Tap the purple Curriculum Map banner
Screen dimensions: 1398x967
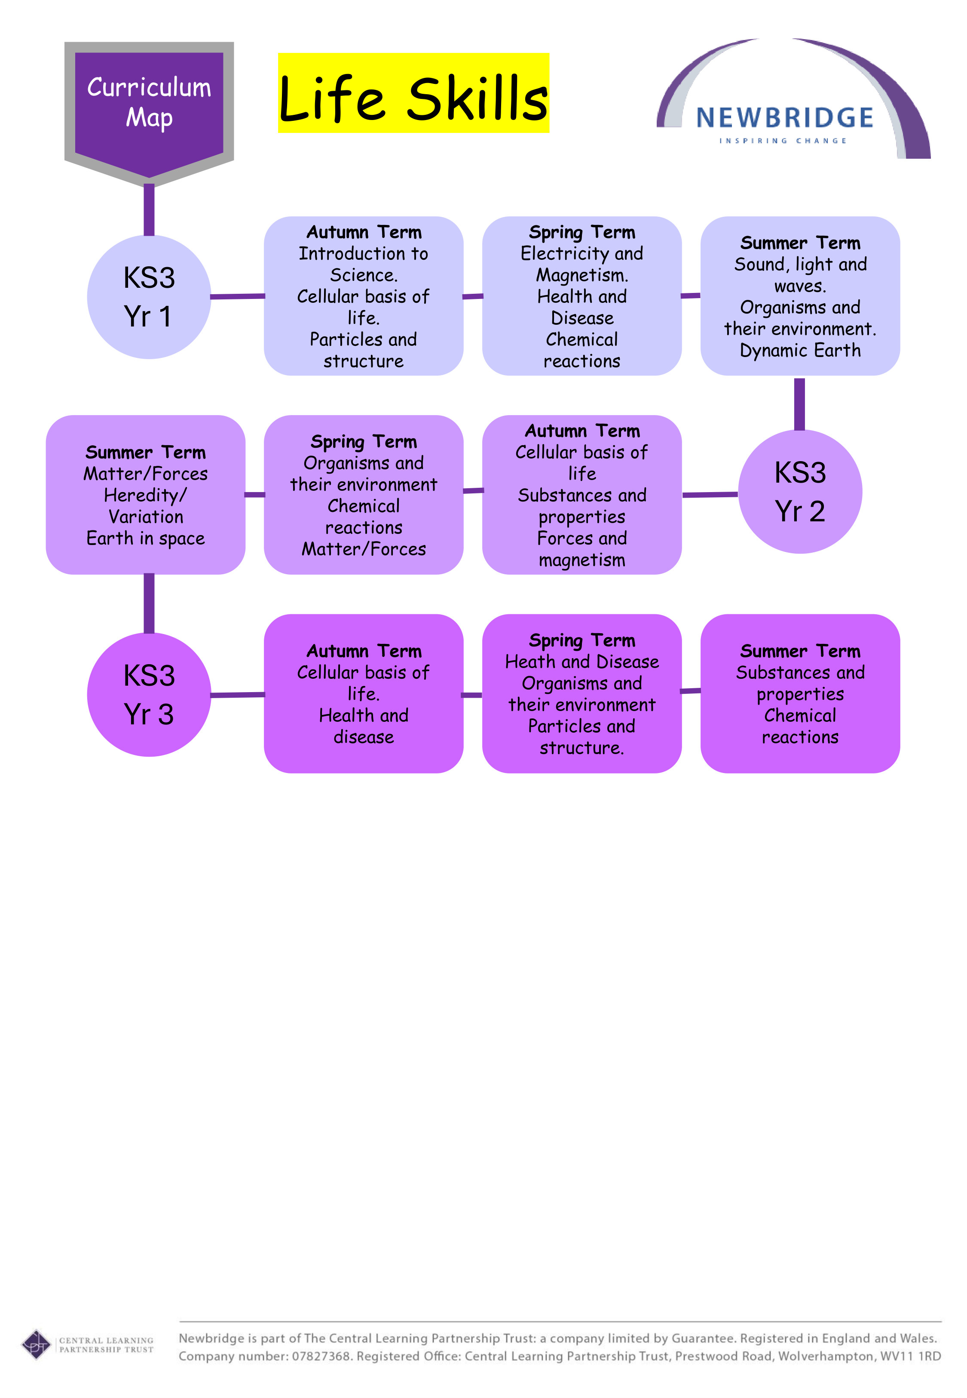coord(149,103)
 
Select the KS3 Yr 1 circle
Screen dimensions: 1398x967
coord(149,297)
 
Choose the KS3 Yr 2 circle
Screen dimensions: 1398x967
coord(800,492)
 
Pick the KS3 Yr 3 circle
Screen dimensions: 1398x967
coord(149,695)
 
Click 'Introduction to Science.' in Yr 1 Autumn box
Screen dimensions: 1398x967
coord(364,264)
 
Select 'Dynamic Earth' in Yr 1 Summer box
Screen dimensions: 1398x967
coord(800,351)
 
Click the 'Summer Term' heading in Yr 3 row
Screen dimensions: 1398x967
coord(800,651)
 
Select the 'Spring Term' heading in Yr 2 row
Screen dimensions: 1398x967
coord(364,441)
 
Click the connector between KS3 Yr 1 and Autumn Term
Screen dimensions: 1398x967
coord(238,296)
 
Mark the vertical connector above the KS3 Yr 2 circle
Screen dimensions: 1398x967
coord(800,404)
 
